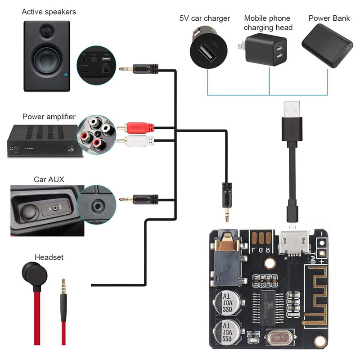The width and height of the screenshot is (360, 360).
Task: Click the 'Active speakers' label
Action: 49,12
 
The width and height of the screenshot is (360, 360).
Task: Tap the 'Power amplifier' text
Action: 49,117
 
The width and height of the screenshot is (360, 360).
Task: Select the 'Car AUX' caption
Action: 49,179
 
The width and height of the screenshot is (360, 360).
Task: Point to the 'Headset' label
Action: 49,257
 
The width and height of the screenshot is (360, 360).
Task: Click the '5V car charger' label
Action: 205,18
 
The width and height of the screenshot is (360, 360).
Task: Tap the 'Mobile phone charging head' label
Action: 268,23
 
